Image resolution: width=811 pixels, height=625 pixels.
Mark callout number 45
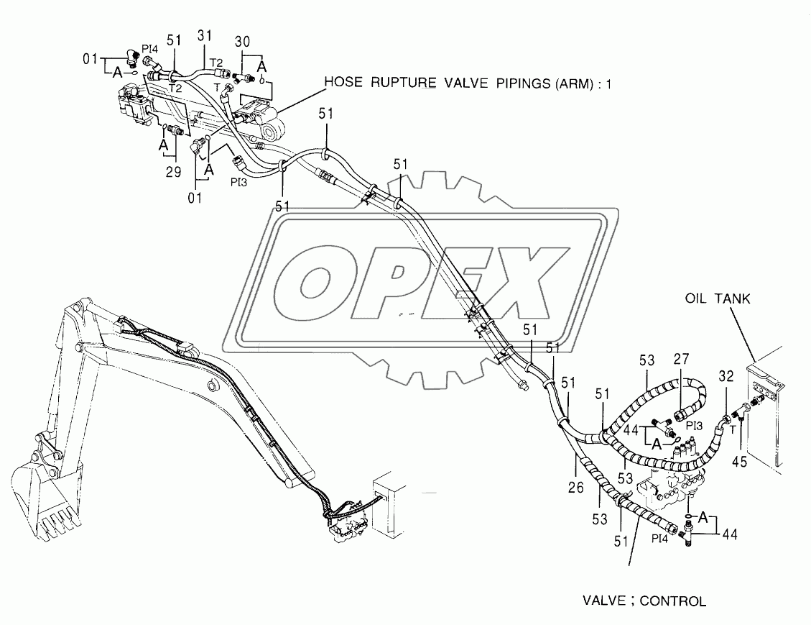(x=739, y=462)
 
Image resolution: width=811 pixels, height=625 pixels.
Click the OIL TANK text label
(x=718, y=299)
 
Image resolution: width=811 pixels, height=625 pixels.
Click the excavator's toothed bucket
(x=43, y=496)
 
